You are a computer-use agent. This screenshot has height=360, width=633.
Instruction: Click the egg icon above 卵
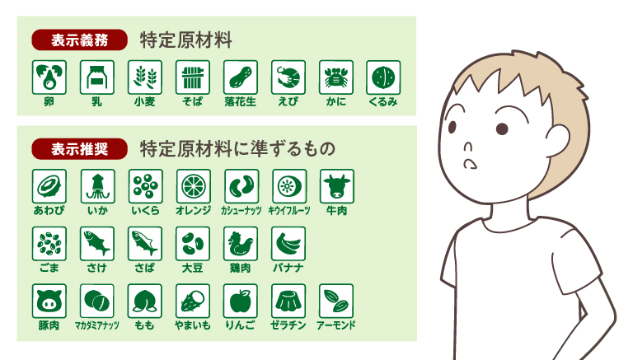click(49, 77)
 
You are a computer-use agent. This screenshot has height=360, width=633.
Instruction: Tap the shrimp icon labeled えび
click(288, 77)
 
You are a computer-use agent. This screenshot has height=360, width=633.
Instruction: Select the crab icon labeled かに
click(336, 77)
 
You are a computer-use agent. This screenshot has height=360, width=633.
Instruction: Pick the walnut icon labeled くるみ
click(383, 77)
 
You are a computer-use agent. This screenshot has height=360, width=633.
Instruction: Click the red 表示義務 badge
click(80, 39)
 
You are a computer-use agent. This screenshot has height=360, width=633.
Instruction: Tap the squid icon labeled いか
click(96, 186)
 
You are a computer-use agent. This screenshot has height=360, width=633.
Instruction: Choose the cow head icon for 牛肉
click(336, 186)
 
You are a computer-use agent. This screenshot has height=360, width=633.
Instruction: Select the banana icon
click(288, 244)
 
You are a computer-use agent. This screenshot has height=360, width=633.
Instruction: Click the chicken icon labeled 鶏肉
click(240, 244)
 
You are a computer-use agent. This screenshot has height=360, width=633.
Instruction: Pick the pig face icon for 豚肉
click(49, 301)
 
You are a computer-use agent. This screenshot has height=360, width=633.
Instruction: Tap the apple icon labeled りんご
click(240, 301)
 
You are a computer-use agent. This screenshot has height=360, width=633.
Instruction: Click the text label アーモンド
click(336, 325)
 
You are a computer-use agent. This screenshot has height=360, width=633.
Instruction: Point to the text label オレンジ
click(192, 211)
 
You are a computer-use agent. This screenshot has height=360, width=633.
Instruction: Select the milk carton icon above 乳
click(96, 77)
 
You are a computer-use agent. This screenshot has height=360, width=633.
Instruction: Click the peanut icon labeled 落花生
click(240, 77)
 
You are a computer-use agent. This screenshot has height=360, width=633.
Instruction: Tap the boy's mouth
click(470, 163)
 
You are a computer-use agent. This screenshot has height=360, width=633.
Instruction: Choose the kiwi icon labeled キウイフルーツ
click(288, 186)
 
